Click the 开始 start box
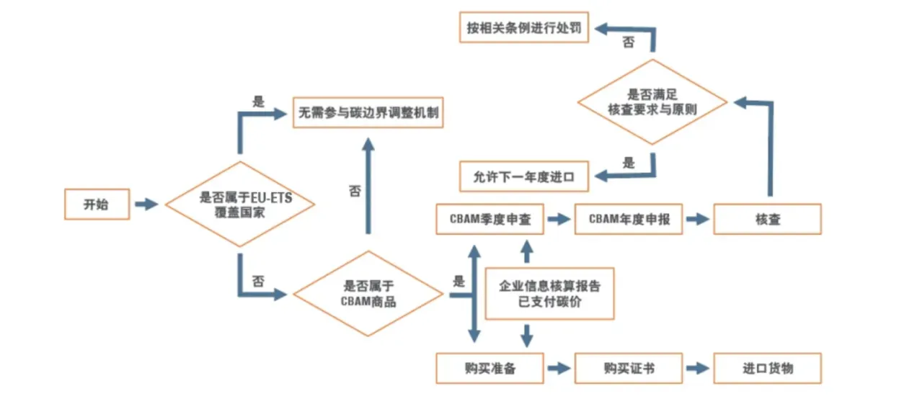point(97,205)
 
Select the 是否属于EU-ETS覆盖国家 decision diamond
point(241,204)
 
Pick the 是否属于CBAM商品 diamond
point(368,294)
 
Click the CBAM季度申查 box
point(490,220)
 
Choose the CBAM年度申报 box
point(629,220)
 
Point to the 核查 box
point(767,220)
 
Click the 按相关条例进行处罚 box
point(523,30)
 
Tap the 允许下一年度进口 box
point(523,176)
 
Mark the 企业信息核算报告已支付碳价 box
point(549,293)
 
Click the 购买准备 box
point(490,368)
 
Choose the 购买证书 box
point(629,368)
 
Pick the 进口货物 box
point(767,368)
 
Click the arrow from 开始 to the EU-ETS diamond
point(146,205)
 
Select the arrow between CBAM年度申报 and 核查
point(697,220)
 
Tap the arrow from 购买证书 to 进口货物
point(697,368)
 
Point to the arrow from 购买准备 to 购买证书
point(558,368)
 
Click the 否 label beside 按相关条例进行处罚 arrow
point(629,43)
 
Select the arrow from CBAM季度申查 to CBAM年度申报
point(558,220)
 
